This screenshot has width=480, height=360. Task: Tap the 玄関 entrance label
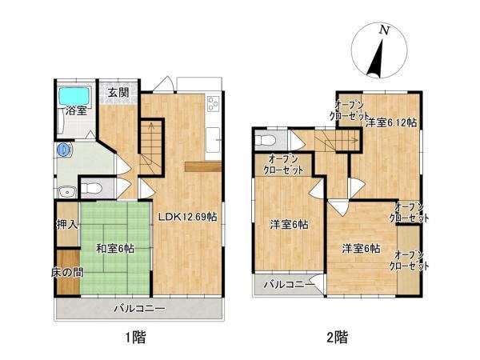[118, 93]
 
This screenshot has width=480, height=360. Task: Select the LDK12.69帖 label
[188, 217]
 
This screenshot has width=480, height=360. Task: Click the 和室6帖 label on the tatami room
[115, 248]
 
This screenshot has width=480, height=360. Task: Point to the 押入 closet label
[67, 225]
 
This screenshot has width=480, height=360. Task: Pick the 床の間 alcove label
[67, 272]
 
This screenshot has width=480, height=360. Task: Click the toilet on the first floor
[91, 188]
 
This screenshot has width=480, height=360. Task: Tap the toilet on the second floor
[266, 141]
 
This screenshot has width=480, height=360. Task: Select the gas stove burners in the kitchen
[213, 103]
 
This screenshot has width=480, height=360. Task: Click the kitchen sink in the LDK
[213, 139]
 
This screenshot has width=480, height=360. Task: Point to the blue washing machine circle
[64, 150]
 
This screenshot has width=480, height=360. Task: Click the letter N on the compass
[384, 30]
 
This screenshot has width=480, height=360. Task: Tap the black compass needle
[376, 58]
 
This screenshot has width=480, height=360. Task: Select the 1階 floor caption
[135, 338]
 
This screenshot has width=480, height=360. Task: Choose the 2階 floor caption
[337, 338]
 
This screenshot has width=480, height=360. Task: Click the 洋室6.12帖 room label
[391, 122]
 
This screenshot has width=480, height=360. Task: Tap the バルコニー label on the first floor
[139, 308]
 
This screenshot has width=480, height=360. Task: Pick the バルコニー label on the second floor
[290, 285]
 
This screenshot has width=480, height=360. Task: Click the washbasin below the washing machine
[67, 192]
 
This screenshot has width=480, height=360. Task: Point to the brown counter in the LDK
[203, 167]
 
